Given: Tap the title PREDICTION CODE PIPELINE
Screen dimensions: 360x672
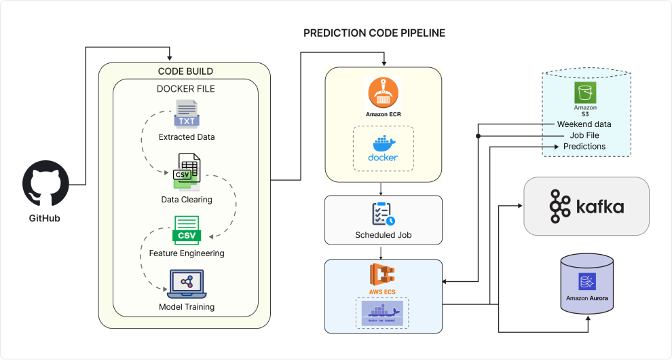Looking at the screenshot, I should point(374,33).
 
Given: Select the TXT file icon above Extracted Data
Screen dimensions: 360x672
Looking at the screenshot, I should point(187,114).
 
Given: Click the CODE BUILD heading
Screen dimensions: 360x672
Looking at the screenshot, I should point(185,71).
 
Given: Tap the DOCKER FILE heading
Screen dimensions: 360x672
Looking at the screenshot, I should point(185,89).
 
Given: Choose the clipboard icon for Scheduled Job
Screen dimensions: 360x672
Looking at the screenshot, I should point(384,214).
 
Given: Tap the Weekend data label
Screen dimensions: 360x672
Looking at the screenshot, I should point(584,124).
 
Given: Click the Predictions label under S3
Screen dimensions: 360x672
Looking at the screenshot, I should point(584,146).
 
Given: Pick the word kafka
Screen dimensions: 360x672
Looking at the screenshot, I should point(599,206).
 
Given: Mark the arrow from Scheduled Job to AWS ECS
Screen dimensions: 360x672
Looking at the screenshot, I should point(384,252).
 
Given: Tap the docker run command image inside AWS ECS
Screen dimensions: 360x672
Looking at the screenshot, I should point(384,313).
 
